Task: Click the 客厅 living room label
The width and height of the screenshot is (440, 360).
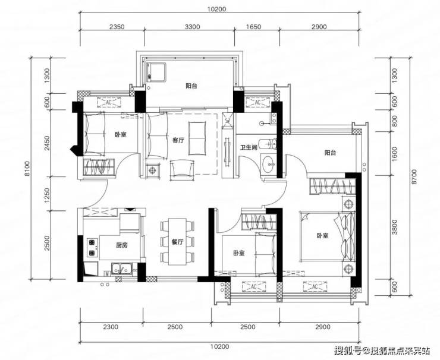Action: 178,140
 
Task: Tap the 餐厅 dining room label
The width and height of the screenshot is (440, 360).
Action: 177,242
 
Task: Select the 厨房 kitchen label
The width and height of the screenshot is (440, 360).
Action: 122,245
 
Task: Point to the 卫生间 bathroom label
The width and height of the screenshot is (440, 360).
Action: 249,147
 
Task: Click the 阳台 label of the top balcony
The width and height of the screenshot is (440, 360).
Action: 191,86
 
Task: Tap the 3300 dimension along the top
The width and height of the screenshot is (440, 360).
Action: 193,27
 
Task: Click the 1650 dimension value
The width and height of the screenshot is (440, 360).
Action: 253,27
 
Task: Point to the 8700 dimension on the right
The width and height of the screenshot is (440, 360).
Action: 415,176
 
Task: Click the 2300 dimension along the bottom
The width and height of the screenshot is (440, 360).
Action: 111,327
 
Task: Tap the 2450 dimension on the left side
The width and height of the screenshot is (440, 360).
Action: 47,143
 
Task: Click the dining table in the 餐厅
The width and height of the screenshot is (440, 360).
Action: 177,242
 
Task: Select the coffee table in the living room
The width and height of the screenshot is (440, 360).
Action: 197,138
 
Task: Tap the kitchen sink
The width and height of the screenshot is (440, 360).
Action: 122,269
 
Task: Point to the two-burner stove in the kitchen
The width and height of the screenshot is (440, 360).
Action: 92,248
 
